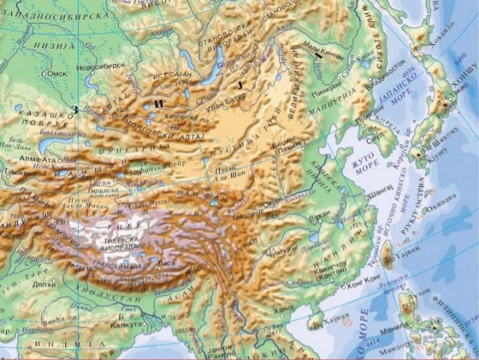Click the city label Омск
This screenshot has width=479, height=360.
point(58,74)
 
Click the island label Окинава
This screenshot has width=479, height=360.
point(434,211)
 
